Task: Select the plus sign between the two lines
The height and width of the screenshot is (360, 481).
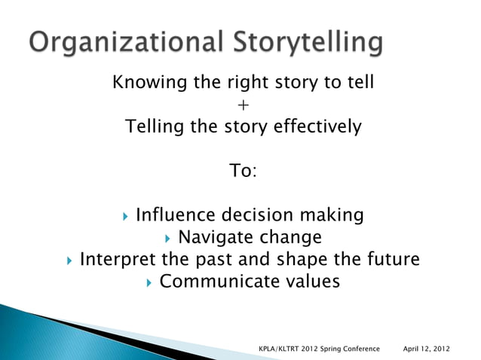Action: (x=243, y=105)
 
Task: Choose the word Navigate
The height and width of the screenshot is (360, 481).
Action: (x=216, y=238)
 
